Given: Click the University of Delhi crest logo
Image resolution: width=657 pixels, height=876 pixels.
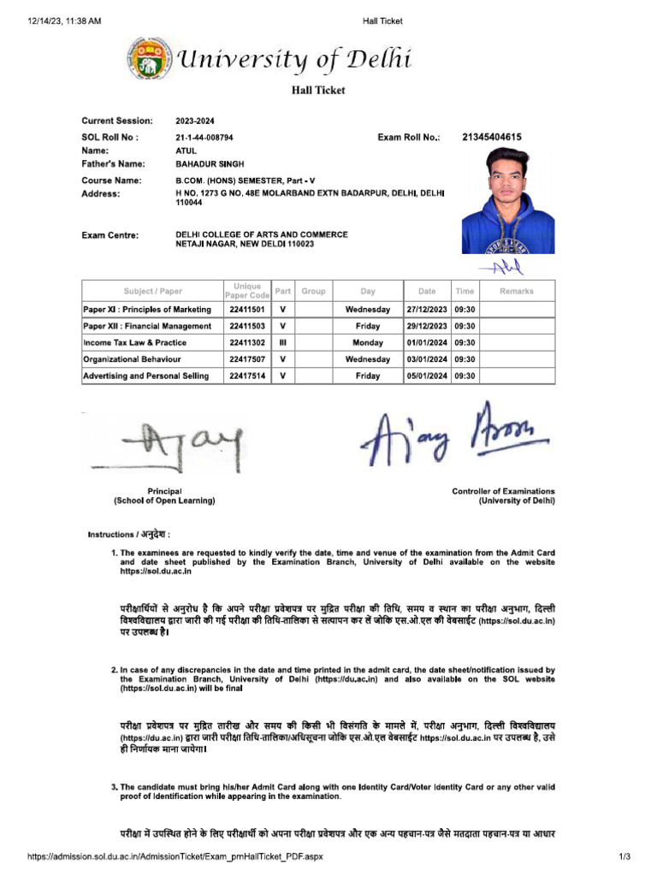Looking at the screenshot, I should [x=147, y=59].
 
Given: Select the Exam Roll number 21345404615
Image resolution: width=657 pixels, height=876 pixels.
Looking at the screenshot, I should [x=492, y=137].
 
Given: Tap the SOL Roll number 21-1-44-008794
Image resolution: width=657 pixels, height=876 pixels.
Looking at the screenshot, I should [x=204, y=137].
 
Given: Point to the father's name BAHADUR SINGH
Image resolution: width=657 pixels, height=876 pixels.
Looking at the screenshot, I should [x=207, y=163].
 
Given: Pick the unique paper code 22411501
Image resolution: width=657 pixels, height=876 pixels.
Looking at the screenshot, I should [x=246, y=309].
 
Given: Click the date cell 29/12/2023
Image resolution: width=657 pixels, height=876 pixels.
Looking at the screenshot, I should [x=426, y=326].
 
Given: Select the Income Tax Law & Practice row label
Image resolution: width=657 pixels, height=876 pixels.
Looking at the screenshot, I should [x=135, y=342].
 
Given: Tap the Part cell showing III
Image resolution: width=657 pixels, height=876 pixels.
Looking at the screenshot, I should [x=282, y=342].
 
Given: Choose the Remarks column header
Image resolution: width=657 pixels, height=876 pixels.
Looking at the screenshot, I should [x=516, y=291].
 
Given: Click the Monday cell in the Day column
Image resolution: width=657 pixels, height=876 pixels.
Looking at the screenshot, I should [x=368, y=342].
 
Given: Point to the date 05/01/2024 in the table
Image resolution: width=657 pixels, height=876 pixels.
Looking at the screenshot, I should [x=426, y=376].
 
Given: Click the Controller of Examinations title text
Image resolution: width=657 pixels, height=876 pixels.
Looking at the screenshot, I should [x=503, y=491].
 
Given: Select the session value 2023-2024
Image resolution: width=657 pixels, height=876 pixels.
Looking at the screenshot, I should [x=196, y=121].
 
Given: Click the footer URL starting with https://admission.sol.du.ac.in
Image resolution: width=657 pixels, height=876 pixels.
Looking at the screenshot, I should [x=175, y=856].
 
